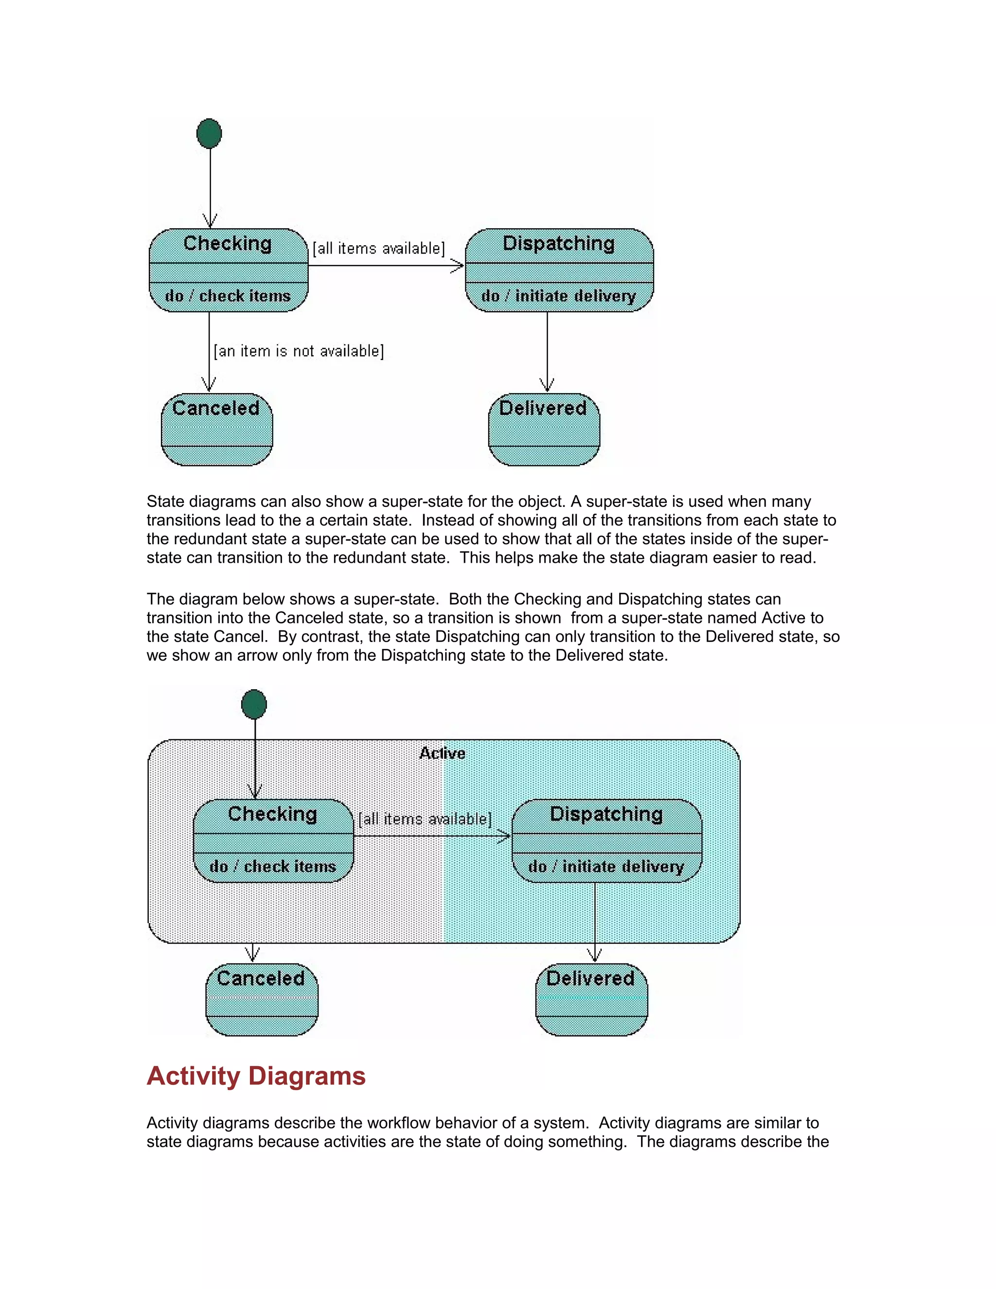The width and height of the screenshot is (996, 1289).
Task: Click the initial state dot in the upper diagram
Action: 209,133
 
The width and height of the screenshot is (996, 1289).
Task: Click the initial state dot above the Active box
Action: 254,704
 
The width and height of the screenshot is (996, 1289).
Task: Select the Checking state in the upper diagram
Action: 229,270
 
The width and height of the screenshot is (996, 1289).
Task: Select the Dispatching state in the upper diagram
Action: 559,270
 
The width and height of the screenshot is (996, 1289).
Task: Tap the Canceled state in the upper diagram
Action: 216,429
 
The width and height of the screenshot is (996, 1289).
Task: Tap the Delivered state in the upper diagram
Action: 543,429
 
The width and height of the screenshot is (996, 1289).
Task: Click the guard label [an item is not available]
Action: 299,351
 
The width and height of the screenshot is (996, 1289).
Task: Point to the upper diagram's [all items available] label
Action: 378,249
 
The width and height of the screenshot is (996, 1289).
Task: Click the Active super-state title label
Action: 442,753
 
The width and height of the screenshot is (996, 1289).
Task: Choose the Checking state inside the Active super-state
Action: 273,840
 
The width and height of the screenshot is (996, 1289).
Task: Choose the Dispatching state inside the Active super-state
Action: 606,840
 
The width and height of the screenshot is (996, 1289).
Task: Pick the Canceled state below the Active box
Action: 261,999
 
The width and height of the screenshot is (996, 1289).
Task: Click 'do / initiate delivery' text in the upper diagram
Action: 558,296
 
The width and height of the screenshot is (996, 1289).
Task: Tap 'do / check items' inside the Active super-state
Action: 273,866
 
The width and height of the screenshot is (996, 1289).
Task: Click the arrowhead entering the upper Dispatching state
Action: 458,266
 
